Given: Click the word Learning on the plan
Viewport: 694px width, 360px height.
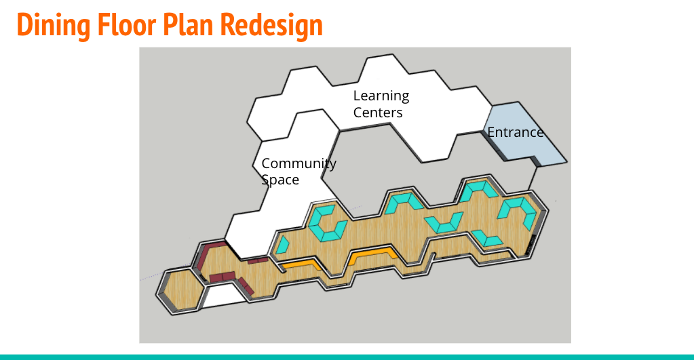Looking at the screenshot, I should click(x=381, y=96).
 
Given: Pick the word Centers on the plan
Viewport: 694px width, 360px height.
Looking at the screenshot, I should click(x=378, y=113).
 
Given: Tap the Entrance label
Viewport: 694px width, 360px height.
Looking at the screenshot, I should click(x=516, y=132).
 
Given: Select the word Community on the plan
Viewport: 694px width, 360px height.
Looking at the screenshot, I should click(x=298, y=163).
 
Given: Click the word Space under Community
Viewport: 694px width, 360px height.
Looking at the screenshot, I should click(x=280, y=180).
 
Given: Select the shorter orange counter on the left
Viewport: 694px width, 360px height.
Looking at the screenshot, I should click(x=300, y=264).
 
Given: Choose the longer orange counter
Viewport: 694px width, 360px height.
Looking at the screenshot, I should click(x=372, y=255).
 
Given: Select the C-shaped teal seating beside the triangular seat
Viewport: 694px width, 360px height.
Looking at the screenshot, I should click(x=325, y=221).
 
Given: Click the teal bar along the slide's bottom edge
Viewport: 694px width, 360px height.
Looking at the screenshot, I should click(x=347, y=356).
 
